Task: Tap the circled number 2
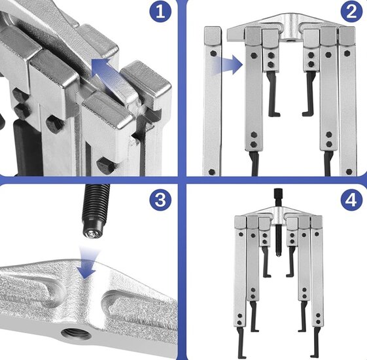click(x=351, y=12)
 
